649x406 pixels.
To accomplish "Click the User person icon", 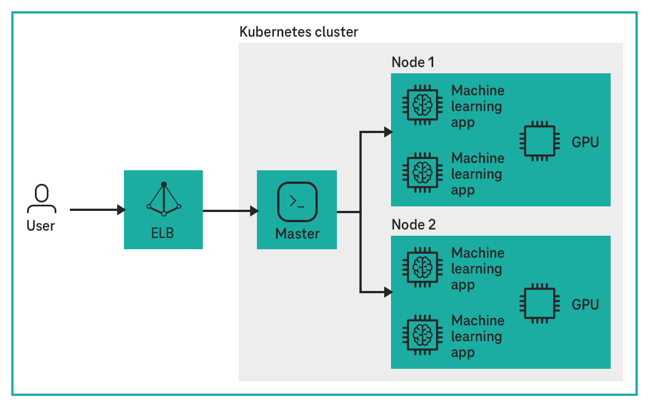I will pos(41,198).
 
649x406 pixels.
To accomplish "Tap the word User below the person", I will pos(41,226).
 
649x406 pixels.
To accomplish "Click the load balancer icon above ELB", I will pos(163,198).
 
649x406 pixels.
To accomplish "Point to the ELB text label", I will pos(163,232).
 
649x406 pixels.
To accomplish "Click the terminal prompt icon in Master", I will pos(297,202).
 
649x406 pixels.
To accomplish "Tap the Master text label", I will pos(297,233).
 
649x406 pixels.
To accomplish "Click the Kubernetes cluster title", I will pos(299,32).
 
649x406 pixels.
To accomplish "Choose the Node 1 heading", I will pos(413,62).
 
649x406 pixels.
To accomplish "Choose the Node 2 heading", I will pos(413,224).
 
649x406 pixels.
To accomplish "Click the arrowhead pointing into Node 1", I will pos(388,132).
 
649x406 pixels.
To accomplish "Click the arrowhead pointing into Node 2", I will pos(388,292).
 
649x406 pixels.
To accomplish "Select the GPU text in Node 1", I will pos(585,142).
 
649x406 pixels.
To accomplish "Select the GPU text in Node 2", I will pos(585,305).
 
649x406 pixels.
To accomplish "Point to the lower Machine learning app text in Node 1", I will pos(477,174).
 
